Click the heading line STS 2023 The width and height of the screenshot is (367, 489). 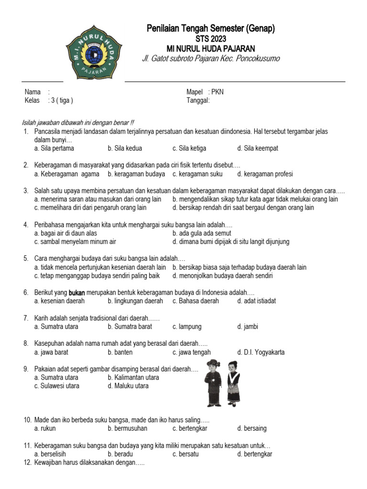tap(211, 39)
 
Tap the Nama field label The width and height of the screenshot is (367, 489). tap(32, 92)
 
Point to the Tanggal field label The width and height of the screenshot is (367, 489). tap(198, 100)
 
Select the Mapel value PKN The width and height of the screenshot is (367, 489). tap(217, 92)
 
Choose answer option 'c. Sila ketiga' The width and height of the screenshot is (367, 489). tap(189, 148)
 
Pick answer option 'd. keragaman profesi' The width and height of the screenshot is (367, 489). tap(265, 174)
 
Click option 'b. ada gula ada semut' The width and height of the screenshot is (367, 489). tap(202, 233)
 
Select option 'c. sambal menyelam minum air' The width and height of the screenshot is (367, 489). tap(75, 242)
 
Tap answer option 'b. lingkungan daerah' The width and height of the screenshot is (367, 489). tap(135, 301)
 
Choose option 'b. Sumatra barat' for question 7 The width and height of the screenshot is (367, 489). tap(130, 327)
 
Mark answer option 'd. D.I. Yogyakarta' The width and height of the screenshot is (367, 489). tap(261, 352)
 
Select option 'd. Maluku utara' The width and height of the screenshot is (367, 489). tap(128, 386)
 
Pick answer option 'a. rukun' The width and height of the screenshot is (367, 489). tap(45, 428)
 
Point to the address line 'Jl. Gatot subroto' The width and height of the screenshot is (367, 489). tap(211, 58)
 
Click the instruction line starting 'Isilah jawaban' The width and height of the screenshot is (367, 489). tap(78, 123)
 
